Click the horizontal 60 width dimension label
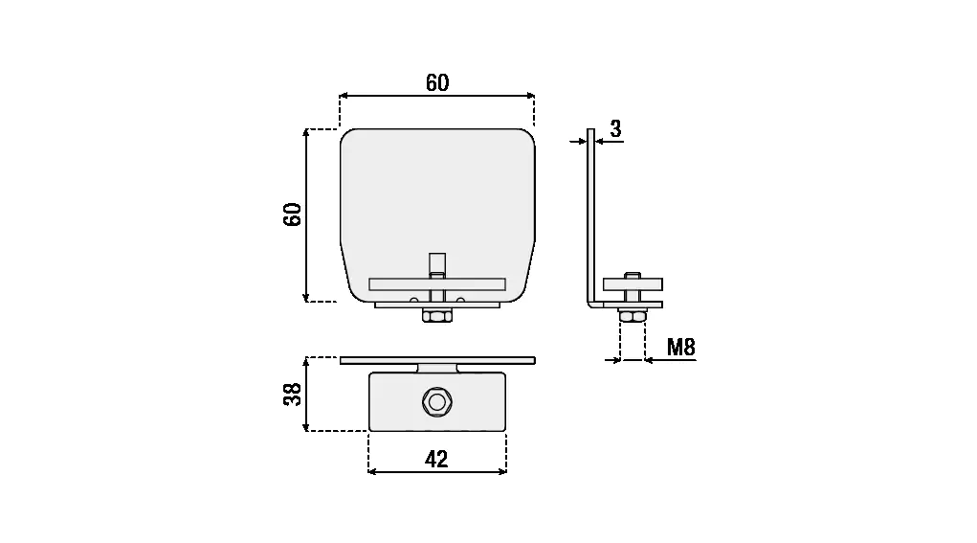point(437,83)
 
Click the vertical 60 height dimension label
point(293,215)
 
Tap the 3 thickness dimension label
point(615,128)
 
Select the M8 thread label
point(681,347)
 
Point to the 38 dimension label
point(293,394)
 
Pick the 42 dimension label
point(436,460)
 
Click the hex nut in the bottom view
point(437,402)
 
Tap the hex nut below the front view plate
point(437,316)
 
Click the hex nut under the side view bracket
point(633,316)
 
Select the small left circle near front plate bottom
point(413,301)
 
